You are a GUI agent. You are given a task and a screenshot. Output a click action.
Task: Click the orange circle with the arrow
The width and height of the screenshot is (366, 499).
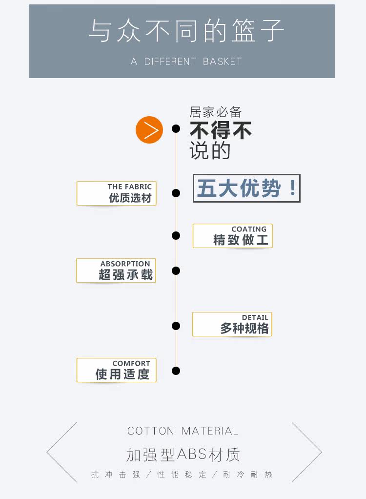tap(149, 130)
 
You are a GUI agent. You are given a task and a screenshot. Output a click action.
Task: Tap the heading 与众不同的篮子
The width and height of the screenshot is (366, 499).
tap(186, 31)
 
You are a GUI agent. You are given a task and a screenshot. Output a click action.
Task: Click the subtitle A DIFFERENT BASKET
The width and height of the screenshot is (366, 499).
tap(186, 62)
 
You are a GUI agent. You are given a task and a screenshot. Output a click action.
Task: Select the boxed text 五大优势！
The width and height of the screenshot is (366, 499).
tap(246, 188)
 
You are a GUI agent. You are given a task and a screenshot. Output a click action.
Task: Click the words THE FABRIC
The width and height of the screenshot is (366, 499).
tap(129, 187)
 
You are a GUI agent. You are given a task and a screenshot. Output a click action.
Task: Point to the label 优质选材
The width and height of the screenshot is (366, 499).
tap(130, 198)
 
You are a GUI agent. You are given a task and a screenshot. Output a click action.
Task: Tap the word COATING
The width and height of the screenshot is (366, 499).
tap(249, 229)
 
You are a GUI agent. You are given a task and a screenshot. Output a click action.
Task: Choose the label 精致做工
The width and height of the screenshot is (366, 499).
tap(241, 240)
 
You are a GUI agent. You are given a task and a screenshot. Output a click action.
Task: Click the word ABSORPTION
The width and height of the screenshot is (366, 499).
tap(125, 264)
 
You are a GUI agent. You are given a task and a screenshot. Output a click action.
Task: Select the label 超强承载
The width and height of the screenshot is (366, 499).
tap(126, 275)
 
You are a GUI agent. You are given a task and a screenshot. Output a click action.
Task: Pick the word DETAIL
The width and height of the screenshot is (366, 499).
tap(255, 317)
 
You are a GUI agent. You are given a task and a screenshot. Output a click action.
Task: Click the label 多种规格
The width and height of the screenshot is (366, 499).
tap(244, 329)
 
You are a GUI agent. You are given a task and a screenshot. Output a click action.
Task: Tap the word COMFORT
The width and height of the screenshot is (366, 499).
tap(131, 363)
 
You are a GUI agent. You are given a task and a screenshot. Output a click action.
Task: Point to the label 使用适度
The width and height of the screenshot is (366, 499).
tap(122, 374)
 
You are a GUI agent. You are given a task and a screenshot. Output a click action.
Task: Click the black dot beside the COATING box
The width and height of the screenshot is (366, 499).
tap(176, 236)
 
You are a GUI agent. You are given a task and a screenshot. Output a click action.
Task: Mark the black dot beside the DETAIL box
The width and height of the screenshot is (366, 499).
tap(176, 326)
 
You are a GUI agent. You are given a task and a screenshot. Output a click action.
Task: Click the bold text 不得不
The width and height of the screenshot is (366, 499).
tap(221, 131)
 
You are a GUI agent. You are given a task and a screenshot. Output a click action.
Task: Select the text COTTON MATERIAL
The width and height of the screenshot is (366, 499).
tap(183, 431)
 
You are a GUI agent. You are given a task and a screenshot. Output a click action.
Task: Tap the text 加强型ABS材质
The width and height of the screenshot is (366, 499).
tap(183, 455)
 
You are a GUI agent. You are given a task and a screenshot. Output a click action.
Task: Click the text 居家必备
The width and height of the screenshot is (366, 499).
tap(215, 112)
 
